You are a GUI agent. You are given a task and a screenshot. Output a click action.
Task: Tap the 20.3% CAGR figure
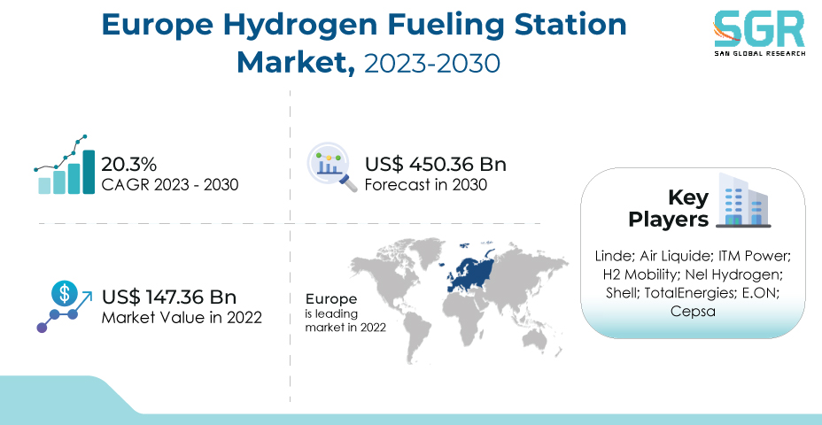pos(128,165)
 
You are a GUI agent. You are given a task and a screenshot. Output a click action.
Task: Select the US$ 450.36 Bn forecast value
pos(436,165)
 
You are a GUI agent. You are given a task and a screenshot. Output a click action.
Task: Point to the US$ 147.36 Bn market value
pos(169,297)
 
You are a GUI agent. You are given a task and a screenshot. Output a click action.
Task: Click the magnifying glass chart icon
pos(332,167)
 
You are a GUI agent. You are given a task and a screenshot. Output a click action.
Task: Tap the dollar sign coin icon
pos(65,294)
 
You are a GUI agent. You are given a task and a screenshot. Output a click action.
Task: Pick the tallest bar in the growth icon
pos(89,172)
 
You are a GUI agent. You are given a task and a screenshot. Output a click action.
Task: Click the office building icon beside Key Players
pos(743,200)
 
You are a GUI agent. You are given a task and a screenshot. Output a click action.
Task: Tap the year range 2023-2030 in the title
pos(432,63)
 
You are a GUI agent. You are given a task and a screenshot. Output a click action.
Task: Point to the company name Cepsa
pos(693,312)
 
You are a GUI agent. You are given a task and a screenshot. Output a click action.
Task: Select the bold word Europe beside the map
pos(331,299)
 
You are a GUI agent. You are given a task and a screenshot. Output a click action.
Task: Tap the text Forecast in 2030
pos(426,184)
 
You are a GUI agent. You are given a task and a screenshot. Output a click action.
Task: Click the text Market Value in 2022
pos(182,318)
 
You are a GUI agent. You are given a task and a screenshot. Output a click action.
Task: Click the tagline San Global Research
pos(759,53)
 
